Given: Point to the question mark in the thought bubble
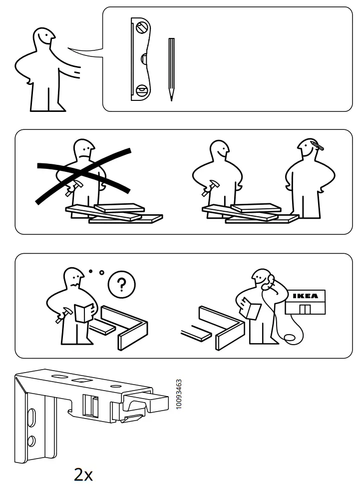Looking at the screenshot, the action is [x=121, y=284].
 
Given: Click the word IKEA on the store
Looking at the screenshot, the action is [x=306, y=296].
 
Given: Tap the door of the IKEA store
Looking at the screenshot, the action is [x=305, y=309].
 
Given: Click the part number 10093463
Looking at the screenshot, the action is [x=179, y=394].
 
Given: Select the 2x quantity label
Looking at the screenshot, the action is [x=83, y=475].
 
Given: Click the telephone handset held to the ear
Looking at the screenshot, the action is [x=269, y=282].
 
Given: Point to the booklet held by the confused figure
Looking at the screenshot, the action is [x=83, y=313].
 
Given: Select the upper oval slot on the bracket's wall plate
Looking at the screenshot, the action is [x=31, y=417].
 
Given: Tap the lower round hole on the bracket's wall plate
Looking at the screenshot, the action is [x=31, y=441].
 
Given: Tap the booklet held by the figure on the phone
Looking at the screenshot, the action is [x=251, y=308].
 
